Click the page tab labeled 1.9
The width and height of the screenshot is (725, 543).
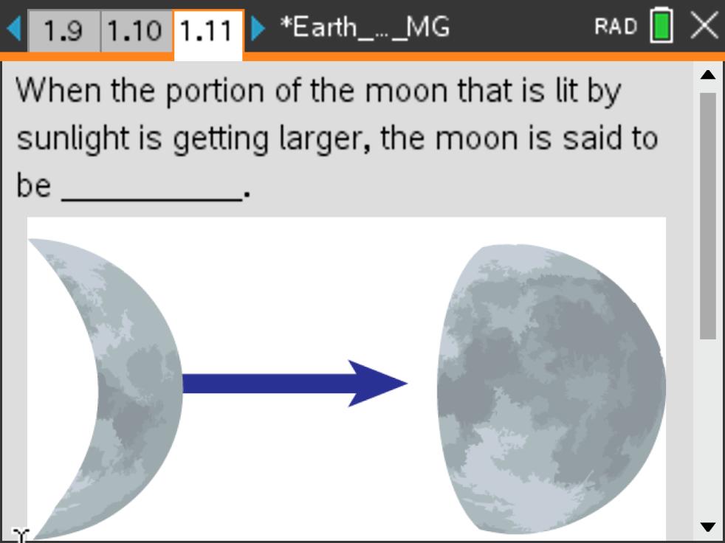coord(63,30)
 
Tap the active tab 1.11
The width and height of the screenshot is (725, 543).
coord(207,32)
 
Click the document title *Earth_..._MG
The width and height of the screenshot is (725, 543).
coord(365,28)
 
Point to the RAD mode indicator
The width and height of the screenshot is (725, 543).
coord(616,27)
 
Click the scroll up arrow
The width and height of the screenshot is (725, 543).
coord(708,75)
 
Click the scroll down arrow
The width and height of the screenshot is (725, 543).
coord(708,527)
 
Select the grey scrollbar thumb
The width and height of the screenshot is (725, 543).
coord(708,216)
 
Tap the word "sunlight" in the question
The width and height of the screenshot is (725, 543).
coord(73,139)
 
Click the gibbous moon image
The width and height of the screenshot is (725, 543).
coord(552,388)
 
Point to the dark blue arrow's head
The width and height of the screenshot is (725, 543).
coord(377,384)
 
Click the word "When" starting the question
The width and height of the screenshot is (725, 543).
coord(58,90)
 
